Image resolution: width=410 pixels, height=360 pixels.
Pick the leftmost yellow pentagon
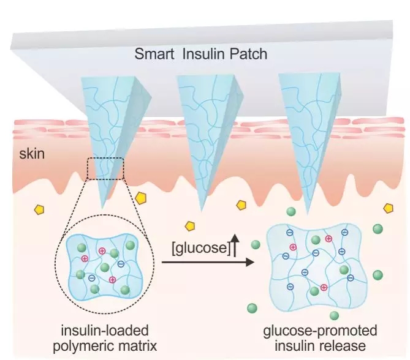[x=39, y=209]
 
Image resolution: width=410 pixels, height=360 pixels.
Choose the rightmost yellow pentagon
[x=388, y=208]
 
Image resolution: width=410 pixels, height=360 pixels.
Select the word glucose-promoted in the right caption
[x=320, y=331]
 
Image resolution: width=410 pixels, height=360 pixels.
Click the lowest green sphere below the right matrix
[x=334, y=315]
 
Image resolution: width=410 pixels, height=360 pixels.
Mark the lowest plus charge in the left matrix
[x=112, y=280]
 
